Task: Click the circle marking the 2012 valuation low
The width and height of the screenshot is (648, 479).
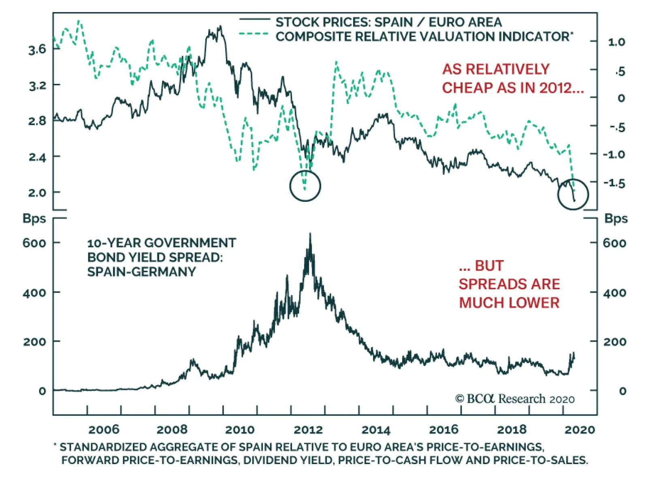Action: click(x=305, y=186)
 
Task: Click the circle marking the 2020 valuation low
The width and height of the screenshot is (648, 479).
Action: click(x=573, y=195)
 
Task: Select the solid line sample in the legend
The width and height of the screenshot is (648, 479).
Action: click(x=254, y=19)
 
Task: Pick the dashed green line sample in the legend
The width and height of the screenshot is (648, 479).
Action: click(x=254, y=34)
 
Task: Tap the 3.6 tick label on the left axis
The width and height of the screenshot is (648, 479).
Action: click(x=37, y=49)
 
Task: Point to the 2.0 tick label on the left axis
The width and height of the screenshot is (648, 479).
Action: click(x=37, y=192)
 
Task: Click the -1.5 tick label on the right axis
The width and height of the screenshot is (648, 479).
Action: click(x=614, y=183)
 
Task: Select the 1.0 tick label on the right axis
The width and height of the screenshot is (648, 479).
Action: click(x=616, y=42)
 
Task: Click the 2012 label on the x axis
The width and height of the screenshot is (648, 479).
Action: click(x=308, y=430)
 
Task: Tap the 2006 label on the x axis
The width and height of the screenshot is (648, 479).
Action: click(x=104, y=430)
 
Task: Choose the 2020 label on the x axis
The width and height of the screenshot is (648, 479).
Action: click(x=580, y=430)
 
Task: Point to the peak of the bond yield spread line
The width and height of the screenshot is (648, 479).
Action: click(x=310, y=234)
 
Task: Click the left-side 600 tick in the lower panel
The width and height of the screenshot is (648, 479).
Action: click(x=34, y=243)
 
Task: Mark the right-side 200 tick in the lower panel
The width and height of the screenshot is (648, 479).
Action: click(x=614, y=342)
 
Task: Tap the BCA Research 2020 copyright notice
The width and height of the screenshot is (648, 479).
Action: click(x=515, y=399)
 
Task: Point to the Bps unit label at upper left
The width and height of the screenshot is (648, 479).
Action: click(x=34, y=218)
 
